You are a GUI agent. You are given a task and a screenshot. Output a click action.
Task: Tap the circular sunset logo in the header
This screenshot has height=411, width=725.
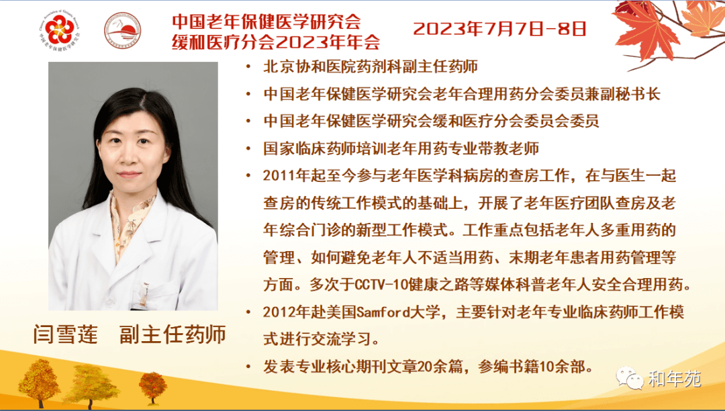pos(123,30)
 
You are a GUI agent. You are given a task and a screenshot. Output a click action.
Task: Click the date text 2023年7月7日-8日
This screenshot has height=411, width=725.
pos(499,29)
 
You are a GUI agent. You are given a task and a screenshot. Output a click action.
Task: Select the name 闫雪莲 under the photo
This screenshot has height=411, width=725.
pos(66,334)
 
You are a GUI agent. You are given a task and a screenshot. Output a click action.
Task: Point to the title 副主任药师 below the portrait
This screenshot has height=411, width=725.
pos(173,334)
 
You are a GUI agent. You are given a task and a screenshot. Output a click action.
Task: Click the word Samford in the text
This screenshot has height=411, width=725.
pos(383,312)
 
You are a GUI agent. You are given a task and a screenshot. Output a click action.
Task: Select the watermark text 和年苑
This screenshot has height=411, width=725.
pos(675,379)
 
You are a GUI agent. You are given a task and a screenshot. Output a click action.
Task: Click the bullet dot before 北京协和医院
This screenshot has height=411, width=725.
pos(249,68)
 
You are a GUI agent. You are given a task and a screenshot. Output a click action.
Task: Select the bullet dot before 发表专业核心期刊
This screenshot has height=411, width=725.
pos(249,367)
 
